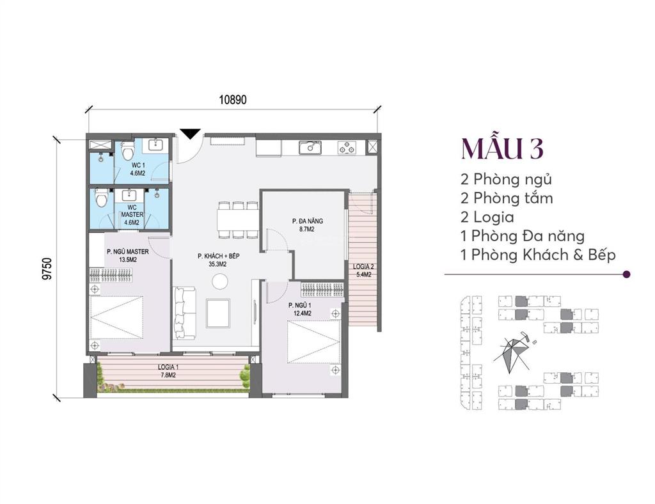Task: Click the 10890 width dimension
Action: [233, 100]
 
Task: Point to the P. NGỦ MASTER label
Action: [128, 256]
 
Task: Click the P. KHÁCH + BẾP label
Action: [218, 260]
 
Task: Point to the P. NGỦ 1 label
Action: [299, 310]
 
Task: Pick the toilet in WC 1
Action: [127, 152]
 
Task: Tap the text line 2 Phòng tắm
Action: [506, 198]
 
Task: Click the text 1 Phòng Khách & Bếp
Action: [537, 255]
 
